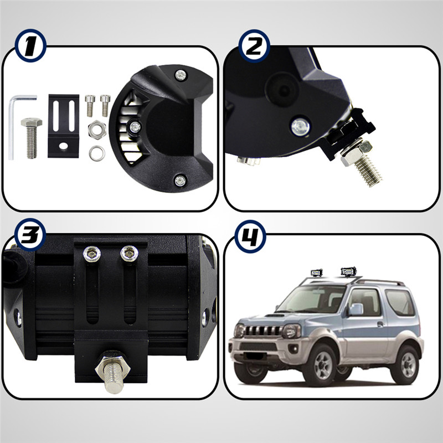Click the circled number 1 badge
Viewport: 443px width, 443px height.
30,45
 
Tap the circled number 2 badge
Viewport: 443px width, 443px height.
254,46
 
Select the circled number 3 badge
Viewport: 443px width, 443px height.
30,234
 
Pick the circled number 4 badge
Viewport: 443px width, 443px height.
250,237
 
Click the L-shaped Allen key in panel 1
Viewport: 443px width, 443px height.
12,127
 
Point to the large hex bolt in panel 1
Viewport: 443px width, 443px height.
32,138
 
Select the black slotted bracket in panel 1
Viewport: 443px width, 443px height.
63,126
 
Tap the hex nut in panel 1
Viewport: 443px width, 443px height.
97,130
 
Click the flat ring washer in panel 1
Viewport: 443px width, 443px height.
97,153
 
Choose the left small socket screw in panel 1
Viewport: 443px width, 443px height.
90,106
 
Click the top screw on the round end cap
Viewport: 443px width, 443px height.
181,75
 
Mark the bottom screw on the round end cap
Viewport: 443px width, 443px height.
181,181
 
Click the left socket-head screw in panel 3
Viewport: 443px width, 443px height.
92,254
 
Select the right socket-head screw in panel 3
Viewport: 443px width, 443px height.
130,254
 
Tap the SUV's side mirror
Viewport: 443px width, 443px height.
356,310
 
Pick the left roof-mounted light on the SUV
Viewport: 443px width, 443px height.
315,273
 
